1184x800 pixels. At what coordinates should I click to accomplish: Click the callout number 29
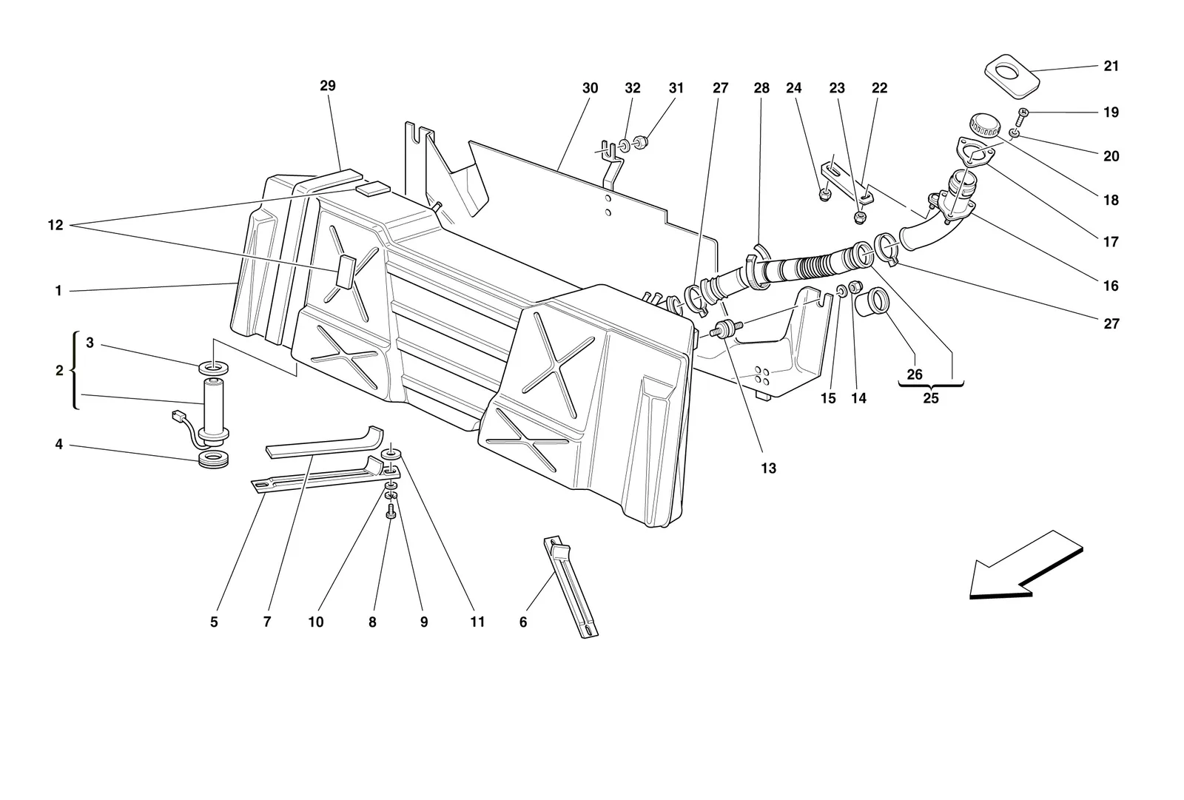[x=328, y=86]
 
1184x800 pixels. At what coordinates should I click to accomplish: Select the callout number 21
[x=1111, y=66]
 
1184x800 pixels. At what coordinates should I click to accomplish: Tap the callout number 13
[x=769, y=468]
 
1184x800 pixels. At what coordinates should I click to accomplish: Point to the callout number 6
[x=523, y=622]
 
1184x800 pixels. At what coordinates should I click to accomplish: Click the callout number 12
[x=55, y=225]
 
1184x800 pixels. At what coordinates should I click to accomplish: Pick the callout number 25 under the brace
[x=931, y=398]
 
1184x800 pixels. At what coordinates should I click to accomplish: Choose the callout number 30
[x=590, y=88]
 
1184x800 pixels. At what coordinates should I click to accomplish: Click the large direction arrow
[x=1026, y=565]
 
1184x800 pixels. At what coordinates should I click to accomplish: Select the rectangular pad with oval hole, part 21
[x=1012, y=75]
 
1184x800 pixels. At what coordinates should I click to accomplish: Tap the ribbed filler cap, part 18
[x=985, y=125]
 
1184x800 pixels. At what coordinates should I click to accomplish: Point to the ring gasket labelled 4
[x=213, y=459]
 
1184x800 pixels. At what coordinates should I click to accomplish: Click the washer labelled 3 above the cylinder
[x=214, y=366]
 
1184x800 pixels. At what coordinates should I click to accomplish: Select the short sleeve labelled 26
[x=872, y=302]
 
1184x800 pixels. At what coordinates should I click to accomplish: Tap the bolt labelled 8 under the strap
[x=391, y=511]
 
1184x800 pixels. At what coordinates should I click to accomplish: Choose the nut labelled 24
[x=823, y=195]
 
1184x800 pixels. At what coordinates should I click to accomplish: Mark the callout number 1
[x=58, y=291]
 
